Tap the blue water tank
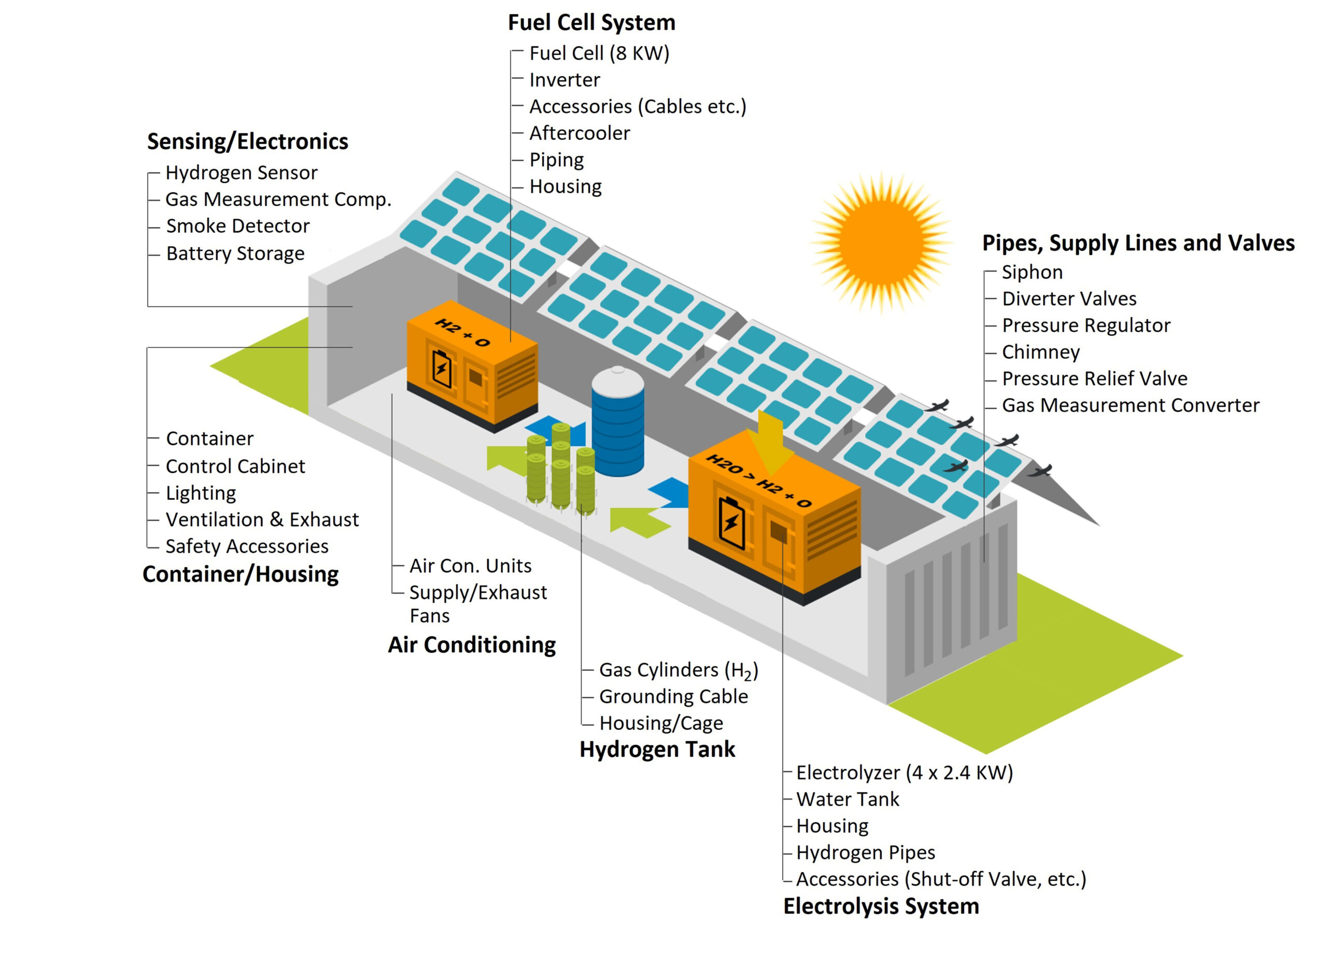[617, 423]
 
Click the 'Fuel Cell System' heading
[591, 22]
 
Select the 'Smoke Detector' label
[237, 226]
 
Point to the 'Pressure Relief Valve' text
[1094, 378]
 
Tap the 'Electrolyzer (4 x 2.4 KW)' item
[904, 772]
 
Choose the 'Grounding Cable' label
[673, 697]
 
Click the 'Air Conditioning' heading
[472, 645]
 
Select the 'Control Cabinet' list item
[235, 467]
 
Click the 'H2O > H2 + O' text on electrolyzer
[759, 481]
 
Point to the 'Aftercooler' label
[579, 133]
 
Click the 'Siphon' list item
[1032, 272]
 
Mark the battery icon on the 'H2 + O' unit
[442, 368]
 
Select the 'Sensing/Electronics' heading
[247, 142]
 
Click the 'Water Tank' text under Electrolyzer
[847, 799]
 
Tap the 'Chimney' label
[1040, 353]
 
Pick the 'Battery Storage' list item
[235, 254]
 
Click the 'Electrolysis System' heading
[881, 907]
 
